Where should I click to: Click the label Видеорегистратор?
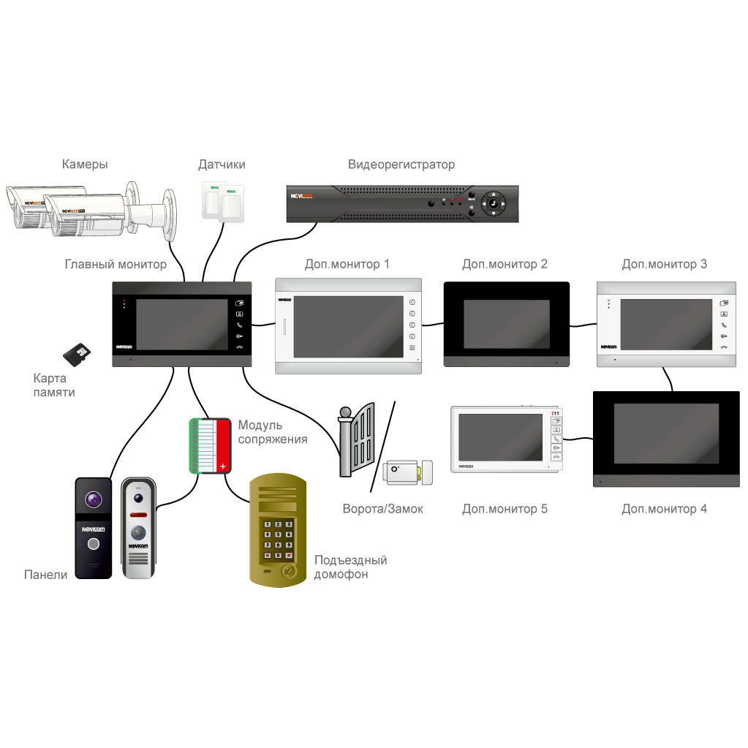point(401,165)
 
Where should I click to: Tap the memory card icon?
point(76,354)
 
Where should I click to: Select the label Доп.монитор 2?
point(505,264)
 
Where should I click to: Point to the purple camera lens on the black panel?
point(93,499)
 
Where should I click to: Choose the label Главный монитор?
point(116,264)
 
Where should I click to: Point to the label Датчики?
point(222,165)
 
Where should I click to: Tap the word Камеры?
point(85,165)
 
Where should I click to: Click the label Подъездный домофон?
point(350,567)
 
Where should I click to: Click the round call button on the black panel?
point(93,544)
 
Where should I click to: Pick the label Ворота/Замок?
point(382,509)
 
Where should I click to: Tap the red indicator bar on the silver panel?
point(137,515)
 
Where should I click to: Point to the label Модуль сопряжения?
point(272,432)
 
